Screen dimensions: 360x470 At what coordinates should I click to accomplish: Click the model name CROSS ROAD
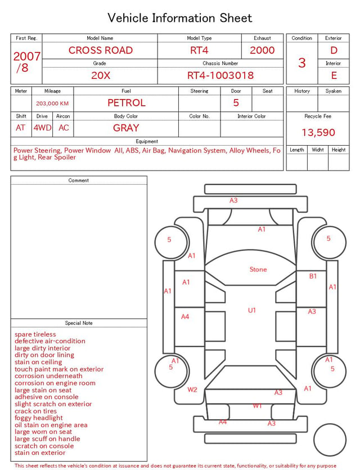click(x=101, y=50)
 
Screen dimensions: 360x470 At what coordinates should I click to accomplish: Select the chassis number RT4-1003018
click(x=220, y=75)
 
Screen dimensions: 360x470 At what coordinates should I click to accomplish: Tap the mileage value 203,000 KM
click(x=52, y=104)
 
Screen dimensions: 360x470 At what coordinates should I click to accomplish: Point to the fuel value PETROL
click(x=127, y=103)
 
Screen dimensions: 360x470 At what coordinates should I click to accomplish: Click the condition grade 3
click(x=302, y=63)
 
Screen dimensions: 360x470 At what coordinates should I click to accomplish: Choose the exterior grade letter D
click(x=334, y=50)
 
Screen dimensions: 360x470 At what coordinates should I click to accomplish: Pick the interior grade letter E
click(x=334, y=75)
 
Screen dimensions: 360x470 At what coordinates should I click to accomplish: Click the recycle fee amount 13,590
click(x=318, y=132)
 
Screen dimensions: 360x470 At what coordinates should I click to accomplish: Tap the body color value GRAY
click(x=126, y=128)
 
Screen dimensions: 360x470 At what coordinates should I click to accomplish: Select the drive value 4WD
click(x=42, y=128)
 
